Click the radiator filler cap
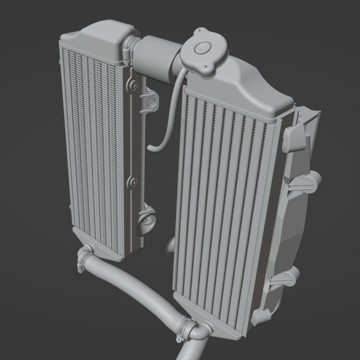(x=204, y=53)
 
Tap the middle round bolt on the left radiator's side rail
(x=132, y=182)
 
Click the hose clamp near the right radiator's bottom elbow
(x=186, y=326)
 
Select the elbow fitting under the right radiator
(x=200, y=331)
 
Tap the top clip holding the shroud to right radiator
(x=294, y=137)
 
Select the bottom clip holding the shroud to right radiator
(x=260, y=317)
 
